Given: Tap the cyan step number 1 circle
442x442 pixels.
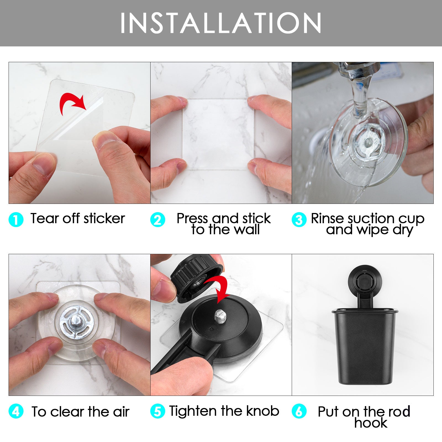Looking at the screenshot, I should [16, 220].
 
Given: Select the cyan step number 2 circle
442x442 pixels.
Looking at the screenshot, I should [157, 220].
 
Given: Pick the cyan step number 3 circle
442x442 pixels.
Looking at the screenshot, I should [299, 220].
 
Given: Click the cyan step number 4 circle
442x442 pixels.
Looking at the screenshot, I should [16, 411].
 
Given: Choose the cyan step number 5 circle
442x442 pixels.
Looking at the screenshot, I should [157, 411].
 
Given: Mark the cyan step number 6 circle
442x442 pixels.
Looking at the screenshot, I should [299, 411].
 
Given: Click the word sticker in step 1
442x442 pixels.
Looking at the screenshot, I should [104, 219].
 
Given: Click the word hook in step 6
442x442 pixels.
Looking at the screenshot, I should [371, 423].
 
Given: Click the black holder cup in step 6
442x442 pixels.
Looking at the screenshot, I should [364, 348].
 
